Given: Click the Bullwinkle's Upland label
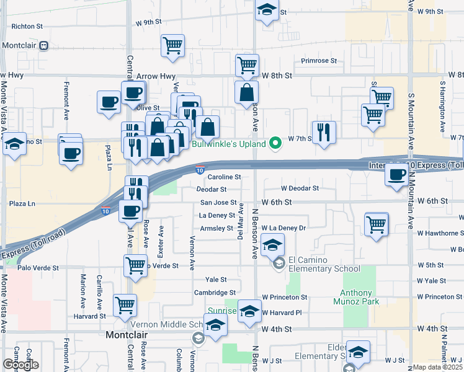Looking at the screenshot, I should click(228, 144).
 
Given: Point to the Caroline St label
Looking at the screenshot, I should click(223, 177).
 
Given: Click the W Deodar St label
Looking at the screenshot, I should click(300, 188).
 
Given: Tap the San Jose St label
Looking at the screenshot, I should click(218, 202).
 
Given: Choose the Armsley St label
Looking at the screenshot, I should click(215, 228).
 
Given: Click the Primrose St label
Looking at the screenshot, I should click(319, 61).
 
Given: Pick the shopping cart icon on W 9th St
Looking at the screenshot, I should click(172, 45).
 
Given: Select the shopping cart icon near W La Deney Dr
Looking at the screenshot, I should click(377, 224).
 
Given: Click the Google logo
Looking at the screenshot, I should click(20, 365).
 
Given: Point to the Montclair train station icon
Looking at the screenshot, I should click(43, 46).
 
